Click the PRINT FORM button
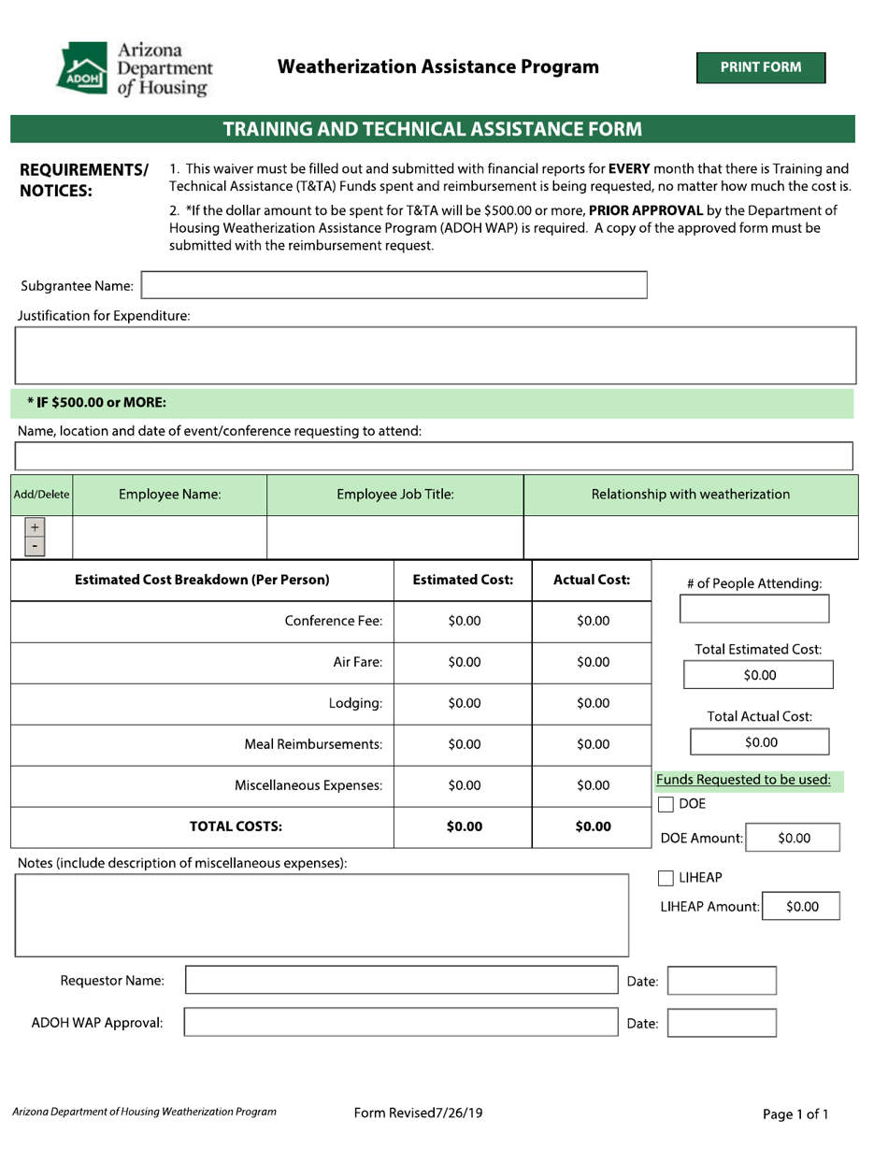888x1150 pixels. click(x=760, y=67)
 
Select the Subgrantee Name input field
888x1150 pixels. click(x=394, y=285)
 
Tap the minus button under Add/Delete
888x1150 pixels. click(x=35, y=545)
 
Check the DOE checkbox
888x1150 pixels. click(x=666, y=805)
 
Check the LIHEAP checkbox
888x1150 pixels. click(x=666, y=878)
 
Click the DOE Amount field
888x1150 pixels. click(x=794, y=839)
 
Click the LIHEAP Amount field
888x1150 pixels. click(x=802, y=907)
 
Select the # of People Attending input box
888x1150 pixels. click(x=753, y=609)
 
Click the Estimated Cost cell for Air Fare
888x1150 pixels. click(x=464, y=663)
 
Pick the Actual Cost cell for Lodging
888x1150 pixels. click(x=593, y=704)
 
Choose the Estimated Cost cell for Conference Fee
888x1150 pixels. click(x=464, y=621)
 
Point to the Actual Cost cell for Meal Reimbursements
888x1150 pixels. click(x=593, y=745)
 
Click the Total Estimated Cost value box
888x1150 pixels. click(x=759, y=675)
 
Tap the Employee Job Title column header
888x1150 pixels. click(x=394, y=495)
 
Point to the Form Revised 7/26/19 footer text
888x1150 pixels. click(x=418, y=1113)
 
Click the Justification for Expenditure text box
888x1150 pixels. click(x=434, y=355)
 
